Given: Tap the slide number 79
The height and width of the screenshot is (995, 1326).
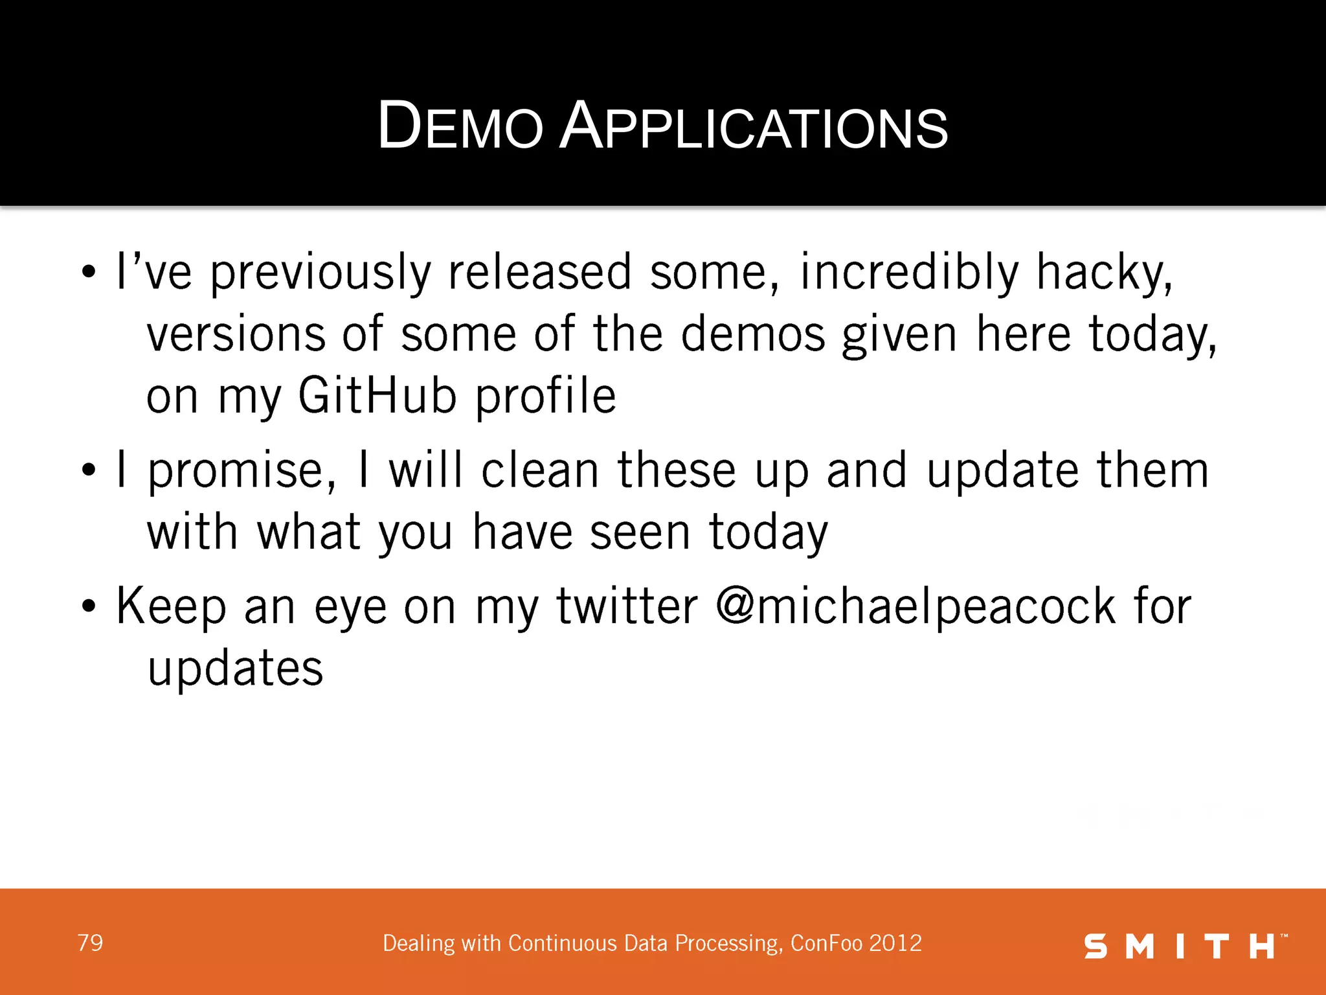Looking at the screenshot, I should (90, 943).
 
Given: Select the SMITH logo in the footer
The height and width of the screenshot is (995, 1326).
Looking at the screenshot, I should (1184, 946).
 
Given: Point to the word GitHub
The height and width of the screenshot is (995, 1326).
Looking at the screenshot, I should (377, 396).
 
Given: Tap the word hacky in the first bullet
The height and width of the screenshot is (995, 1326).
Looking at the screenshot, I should (1103, 272).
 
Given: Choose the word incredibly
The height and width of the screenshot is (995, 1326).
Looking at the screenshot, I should (909, 272).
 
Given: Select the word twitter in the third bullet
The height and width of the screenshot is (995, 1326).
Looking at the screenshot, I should (627, 606).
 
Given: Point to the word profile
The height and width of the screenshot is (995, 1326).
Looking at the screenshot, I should (545, 396).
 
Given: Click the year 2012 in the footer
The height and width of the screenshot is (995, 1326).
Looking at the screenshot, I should (895, 943).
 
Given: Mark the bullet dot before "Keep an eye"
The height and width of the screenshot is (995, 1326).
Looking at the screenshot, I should (89, 607).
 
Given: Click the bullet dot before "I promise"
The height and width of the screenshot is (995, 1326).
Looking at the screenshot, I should (89, 471).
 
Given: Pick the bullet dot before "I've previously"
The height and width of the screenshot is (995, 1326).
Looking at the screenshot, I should (89, 273).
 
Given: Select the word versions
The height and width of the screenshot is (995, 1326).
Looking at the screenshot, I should (236, 334).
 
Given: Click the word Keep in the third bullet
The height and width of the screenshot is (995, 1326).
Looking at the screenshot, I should (171, 606).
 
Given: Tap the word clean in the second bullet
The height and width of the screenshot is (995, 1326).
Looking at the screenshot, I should (540, 470).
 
